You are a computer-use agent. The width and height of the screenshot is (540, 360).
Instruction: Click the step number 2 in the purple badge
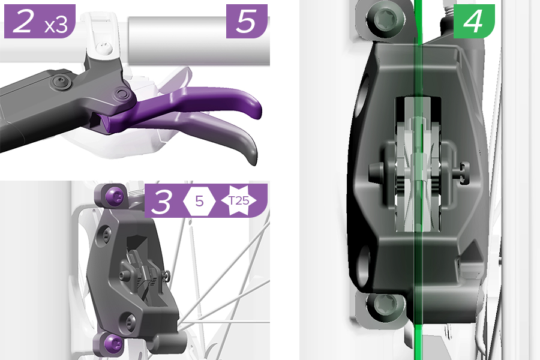(23, 21)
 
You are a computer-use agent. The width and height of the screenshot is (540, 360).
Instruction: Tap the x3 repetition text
(56, 25)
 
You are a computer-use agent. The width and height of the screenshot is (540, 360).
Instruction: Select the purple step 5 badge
(247, 21)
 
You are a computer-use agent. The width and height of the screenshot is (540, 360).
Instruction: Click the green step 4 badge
(474, 21)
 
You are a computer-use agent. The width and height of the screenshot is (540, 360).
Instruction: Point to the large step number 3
(162, 201)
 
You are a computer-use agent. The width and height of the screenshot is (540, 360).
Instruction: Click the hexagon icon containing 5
(199, 200)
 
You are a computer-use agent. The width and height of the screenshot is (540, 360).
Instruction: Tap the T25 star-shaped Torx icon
(239, 200)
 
